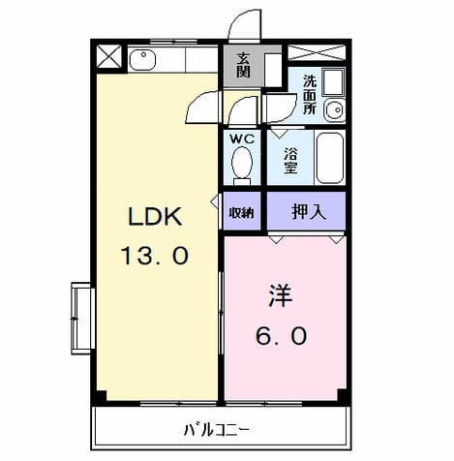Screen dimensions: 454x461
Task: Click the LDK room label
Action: [155, 217]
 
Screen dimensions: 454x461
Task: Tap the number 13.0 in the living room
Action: [155, 256]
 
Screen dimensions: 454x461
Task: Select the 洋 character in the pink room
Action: [281, 295]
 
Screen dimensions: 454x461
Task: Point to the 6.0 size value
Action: [282, 335]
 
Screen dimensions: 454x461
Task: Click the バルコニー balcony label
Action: [216, 430]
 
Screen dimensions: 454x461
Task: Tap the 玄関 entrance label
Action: [243, 66]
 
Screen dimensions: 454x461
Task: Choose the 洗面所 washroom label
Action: [310, 95]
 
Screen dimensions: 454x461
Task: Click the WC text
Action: [242, 139]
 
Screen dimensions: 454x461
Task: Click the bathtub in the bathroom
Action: [329, 158]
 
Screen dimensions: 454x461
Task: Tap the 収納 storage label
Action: [242, 213]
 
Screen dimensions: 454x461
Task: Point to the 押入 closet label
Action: [309, 212]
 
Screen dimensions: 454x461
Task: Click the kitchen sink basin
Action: [142, 60]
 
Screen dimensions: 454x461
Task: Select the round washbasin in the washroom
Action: [335, 109]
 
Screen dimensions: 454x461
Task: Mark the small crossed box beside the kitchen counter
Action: [109, 57]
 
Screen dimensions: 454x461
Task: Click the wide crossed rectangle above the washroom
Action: [317, 52]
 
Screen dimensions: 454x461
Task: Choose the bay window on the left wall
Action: [82, 319]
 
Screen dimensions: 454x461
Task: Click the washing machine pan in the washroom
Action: [334, 81]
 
